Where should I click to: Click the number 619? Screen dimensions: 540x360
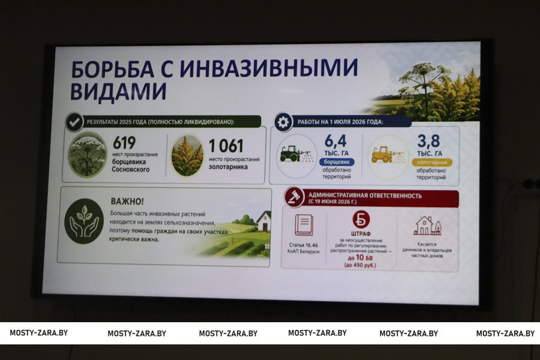pos(124,143)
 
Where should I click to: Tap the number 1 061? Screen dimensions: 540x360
pos(226,146)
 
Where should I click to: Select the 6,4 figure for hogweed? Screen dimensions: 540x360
pos(335,141)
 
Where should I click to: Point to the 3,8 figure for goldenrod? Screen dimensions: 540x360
pos(428,141)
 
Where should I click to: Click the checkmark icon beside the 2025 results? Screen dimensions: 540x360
pos(74,122)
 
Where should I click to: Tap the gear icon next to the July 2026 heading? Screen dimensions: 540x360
pos(283,122)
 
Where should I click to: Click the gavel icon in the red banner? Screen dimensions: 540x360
pos(295,197)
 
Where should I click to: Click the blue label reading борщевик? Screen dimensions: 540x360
pos(337,161)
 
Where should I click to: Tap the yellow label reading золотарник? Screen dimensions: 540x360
pos(432,162)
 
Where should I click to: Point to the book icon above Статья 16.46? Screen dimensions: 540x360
pos(304,225)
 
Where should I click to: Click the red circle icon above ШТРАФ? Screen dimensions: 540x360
pos(361,220)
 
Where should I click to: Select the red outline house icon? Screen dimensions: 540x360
pos(427,226)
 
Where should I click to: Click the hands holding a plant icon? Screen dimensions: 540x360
pos(83,221)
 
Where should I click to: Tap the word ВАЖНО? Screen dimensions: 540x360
pos(127,201)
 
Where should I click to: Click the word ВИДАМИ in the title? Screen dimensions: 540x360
pos(118,91)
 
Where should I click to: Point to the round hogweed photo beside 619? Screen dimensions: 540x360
pos(87,154)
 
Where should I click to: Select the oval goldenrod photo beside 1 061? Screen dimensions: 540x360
pos(187,156)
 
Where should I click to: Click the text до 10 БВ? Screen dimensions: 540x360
pos(360,257)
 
